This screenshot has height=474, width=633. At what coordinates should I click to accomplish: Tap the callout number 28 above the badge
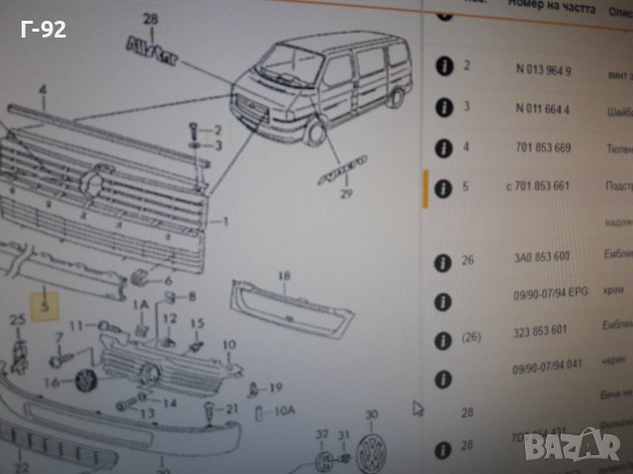[150, 20]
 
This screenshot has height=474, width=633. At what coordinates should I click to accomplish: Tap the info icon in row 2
[444, 67]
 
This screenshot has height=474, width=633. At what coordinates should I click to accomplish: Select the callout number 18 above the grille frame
[285, 276]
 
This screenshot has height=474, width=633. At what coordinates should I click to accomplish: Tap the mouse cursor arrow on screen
[417, 406]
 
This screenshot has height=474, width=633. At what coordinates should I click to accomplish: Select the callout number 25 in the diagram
[17, 318]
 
